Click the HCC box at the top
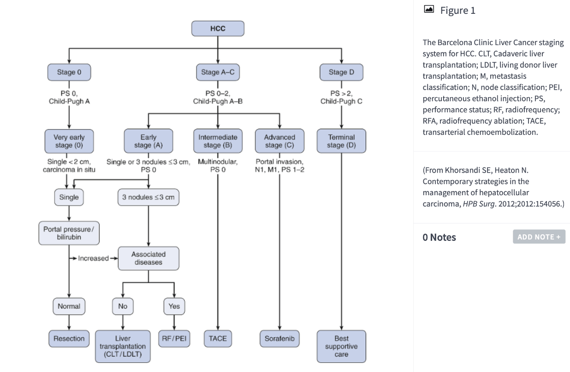click(x=218, y=29)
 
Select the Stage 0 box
click(x=69, y=72)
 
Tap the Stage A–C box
click(x=218, y=72)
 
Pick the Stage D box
click(x=341, y=72)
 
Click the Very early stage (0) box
click(x=69, y=141)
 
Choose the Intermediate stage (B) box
click(x=218, y=141)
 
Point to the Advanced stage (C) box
click(x=279, y=141)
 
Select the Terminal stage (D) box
click(x=341, y=141)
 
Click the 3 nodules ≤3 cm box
click(x=148, y=197)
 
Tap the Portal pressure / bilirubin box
click(x=69, y=233)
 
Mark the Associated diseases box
click(x=148, y=258)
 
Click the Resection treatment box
click(x=69, y=338)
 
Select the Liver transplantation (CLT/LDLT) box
click(x=123, y=346)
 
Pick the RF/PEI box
click(x=174, y=338)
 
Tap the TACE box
click(x=218, y=338)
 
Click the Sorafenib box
click(x=279, y=338)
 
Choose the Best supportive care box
click(x=341, y=346)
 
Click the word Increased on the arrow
click(x=94, y=258)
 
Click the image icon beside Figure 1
click(x=429, y=9)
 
